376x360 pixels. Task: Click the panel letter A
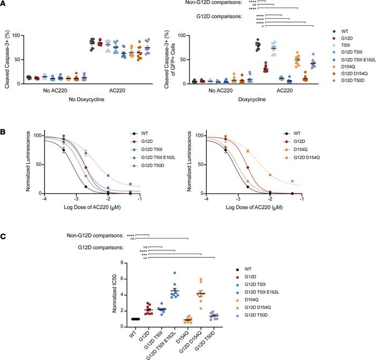[5, 4]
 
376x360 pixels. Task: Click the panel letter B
[5, 114]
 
